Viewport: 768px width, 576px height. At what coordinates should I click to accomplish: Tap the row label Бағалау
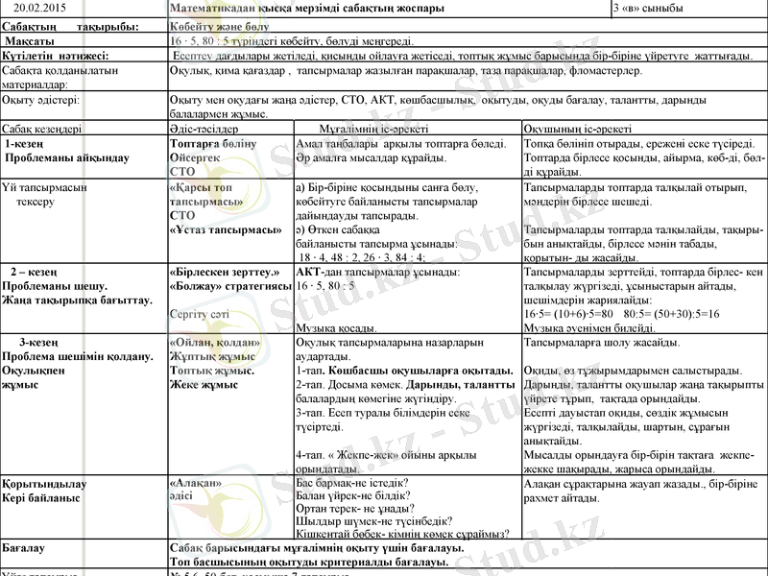point(28,547)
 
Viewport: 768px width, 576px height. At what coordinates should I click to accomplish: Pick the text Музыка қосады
point(343,327)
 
